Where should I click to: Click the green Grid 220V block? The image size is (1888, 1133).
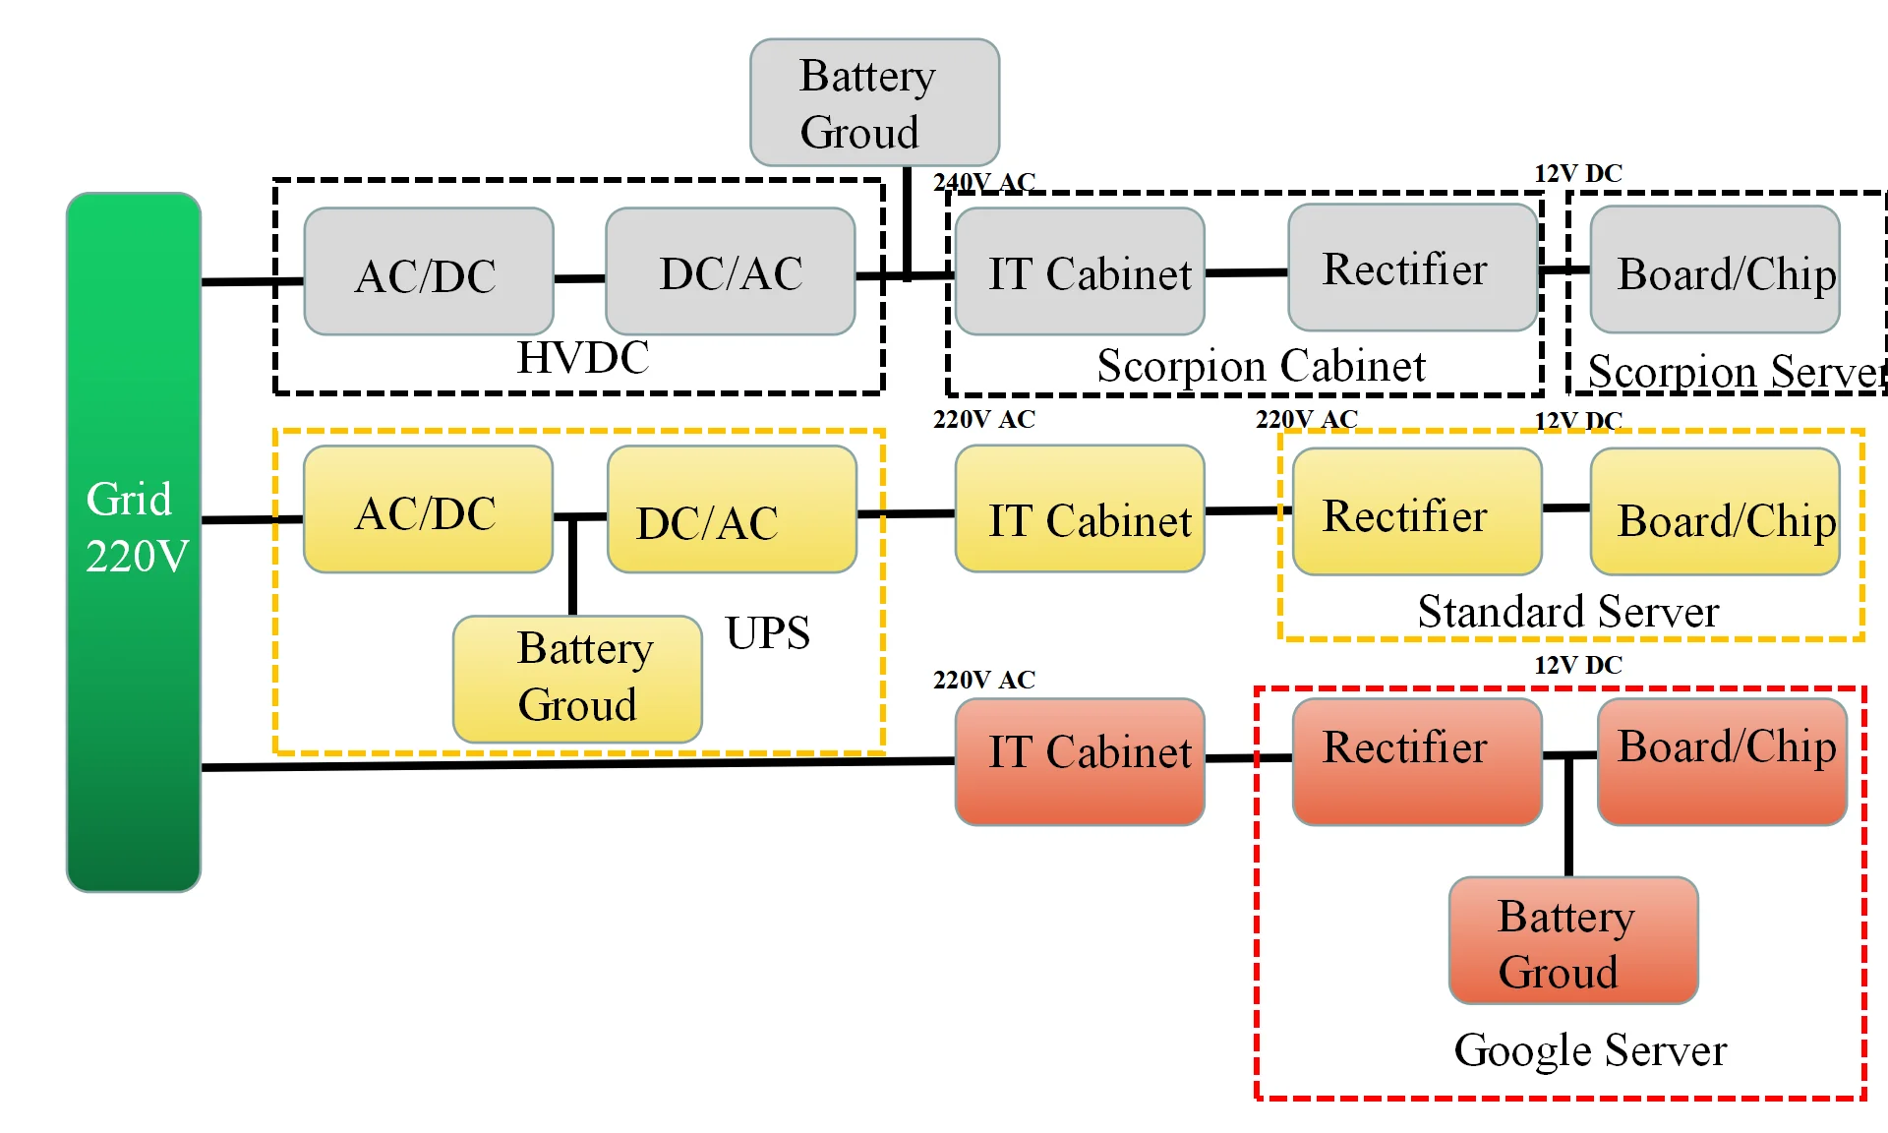pos(134,541)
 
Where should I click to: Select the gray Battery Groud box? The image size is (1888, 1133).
pos(874,102)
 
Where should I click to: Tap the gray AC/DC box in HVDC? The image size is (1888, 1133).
pos(428,271)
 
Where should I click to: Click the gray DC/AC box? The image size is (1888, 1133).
pos(730,271)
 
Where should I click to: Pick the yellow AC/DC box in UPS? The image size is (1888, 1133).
pos(428,509)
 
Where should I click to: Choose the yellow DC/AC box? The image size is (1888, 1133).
pos(732,509)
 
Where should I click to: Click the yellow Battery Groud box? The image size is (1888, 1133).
pos(577,679)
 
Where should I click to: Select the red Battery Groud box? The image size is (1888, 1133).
pos(1573,941)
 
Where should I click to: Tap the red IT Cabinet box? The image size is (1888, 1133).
pos(1080,761)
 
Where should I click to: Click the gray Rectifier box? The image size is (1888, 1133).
pos(1412,268)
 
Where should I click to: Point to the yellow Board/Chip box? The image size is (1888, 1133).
pos(1715,511)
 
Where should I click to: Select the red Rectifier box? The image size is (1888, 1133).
pos(1416,761)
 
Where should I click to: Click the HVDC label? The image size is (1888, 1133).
pos(583,358)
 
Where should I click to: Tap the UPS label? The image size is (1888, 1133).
pos(767,633)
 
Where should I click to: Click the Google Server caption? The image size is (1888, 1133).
pos(1590,1050)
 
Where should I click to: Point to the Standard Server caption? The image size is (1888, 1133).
pos(1567,612)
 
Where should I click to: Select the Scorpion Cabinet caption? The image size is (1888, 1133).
pos(1261,366)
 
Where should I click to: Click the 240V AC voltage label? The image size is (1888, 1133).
pos(983,182)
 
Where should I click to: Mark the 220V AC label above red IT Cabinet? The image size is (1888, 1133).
pos(983,680)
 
